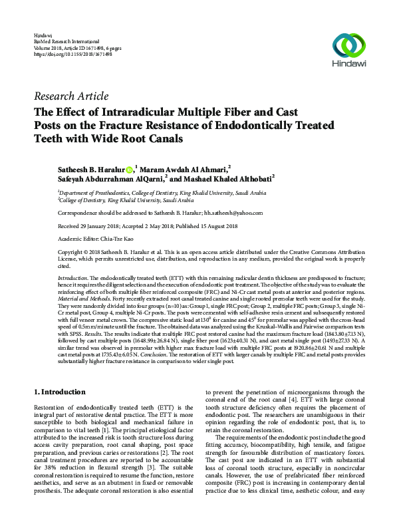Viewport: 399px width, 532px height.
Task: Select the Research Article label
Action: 70,96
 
